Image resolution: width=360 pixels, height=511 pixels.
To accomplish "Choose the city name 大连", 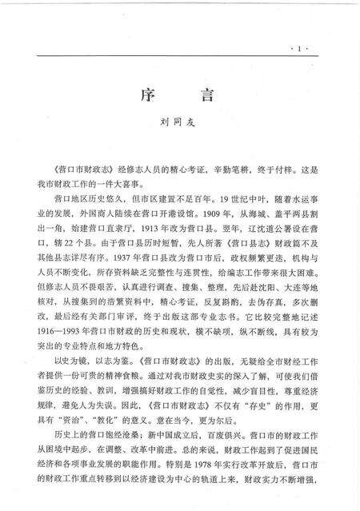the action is pyautogui.click(x=269, y=293).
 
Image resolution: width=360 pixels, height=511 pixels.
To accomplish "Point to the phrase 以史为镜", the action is pyautogui.click(x=66, y=361).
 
